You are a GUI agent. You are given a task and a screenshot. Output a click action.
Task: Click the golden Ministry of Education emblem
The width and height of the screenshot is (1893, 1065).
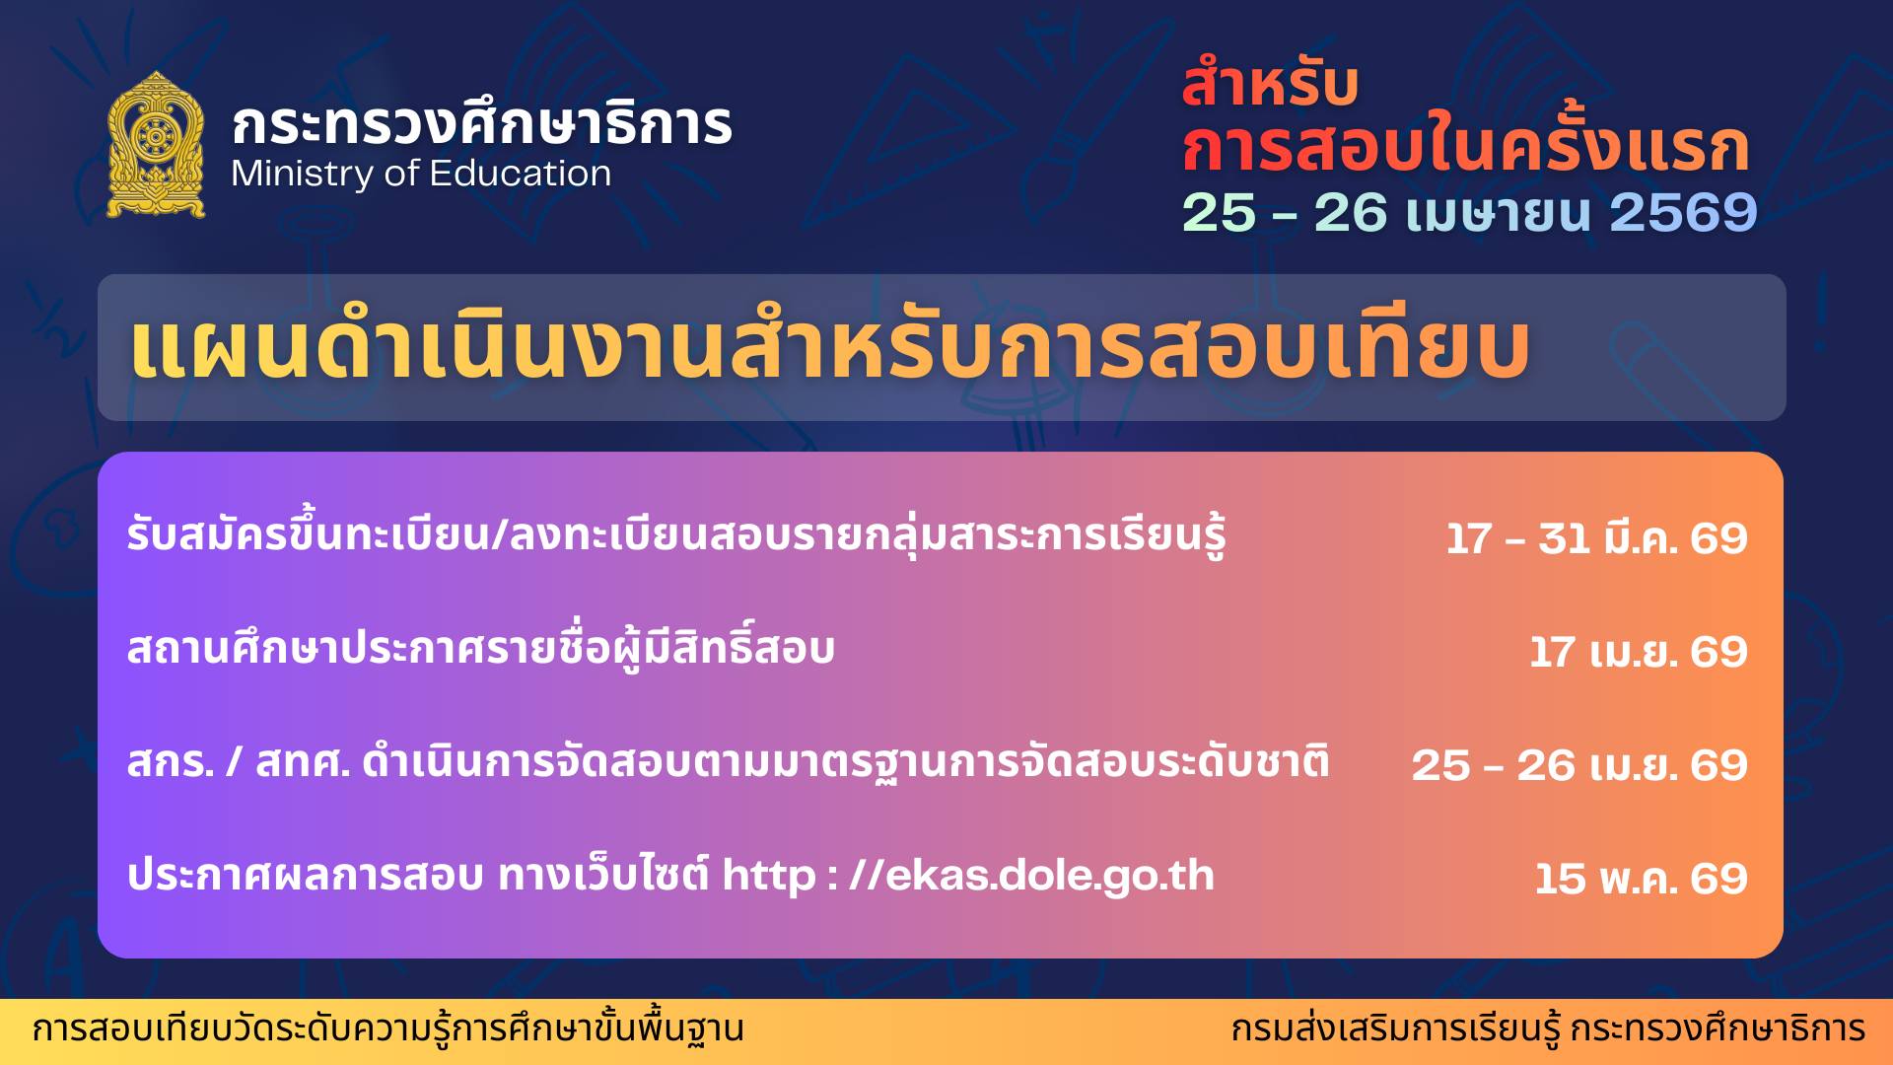pyautogui.click(x=156, y=145)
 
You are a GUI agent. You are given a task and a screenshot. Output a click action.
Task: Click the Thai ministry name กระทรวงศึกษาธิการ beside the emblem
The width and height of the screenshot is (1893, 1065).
pyautogui.click(x=482, y=122)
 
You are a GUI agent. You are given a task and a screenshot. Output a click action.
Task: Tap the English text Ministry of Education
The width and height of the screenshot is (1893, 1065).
pyautogui.click(x=421, y=175)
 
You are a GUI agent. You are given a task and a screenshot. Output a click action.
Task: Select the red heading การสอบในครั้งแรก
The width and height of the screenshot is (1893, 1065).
pyautogui.click(x=1465, y=146)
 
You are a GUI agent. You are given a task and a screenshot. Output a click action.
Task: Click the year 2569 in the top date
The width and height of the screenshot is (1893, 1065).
pyautogui.click(x=1683, y=212)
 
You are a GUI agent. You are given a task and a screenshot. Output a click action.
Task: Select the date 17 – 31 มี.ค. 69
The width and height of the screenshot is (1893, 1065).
pyautogui.click(x=1597, y=538)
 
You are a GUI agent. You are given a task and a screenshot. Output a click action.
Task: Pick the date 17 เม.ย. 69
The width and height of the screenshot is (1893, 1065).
pyautogui.click(x=1639, y=652)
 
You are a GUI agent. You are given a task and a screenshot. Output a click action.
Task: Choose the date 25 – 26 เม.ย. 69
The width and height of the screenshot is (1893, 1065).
pyautogui.click(x=1579, y=765)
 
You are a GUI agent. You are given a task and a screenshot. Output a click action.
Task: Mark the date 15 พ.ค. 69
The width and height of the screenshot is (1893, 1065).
pyautogui.click(x=1642, y=879)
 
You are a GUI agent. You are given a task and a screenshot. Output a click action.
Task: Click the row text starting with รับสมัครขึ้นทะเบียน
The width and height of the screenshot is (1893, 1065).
pyautogui.click(x=676, y=534)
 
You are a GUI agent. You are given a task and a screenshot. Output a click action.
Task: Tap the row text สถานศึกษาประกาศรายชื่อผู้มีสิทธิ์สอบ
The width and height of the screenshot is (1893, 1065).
pyautogui.click(x=481, y=648)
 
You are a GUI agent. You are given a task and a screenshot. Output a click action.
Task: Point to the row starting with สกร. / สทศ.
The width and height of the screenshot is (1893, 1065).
pyautogui.click(x=729, y=761)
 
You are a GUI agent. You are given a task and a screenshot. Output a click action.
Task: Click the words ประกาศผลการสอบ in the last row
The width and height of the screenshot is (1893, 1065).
pyautogui.click(x=306, y=876)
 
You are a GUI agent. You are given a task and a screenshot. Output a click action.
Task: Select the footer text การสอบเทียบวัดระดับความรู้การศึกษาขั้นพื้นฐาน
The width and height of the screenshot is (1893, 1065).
pyautogui.click(x=388, y=1029)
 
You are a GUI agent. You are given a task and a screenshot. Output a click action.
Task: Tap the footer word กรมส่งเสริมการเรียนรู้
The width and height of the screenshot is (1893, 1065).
pyautogui.click(x=1396, y=1029)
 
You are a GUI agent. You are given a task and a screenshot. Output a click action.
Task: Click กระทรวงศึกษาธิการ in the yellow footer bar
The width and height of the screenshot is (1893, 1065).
pyautogui.click(x=1718, y=1029)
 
